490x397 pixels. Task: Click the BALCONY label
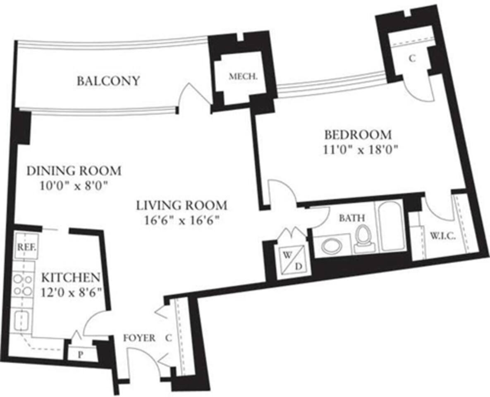coord(108,81)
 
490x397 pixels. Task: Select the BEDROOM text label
coord(357,135)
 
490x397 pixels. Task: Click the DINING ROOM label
coord(74,170)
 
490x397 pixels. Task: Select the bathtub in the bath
coord(390,226)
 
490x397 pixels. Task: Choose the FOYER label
coord(139,338)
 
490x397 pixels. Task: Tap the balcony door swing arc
coord(191,93)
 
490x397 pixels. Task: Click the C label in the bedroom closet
coord(412,59)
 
